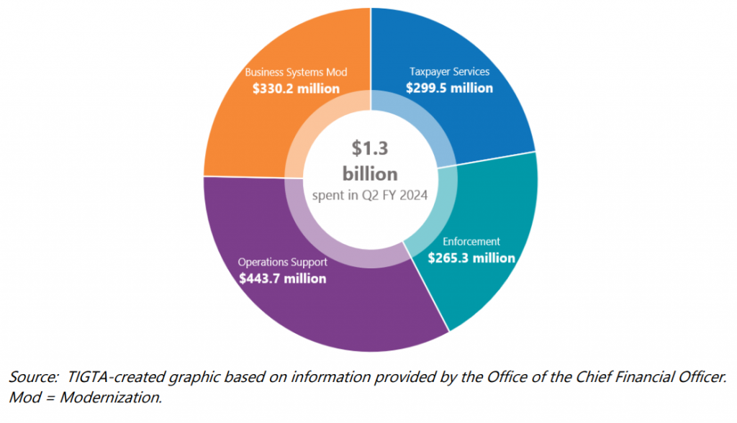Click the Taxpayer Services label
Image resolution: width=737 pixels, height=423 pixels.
click(449, 72)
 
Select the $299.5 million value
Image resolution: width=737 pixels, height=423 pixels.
click(449, 88)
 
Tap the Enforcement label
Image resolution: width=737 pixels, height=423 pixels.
click(471, 242)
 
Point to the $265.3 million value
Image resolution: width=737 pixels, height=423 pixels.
click(471, 258)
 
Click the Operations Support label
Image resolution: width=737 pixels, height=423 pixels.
click(283, 262)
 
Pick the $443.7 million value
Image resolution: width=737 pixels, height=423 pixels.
click(283, 278)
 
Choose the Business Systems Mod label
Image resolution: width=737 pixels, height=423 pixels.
click(296, 72)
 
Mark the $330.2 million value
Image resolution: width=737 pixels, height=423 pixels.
click(296, 88)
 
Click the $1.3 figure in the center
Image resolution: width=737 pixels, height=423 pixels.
click(370, 148)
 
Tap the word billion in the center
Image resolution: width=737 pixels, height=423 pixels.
click(370, 173)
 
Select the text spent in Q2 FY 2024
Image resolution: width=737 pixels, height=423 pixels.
click(370, 195)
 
